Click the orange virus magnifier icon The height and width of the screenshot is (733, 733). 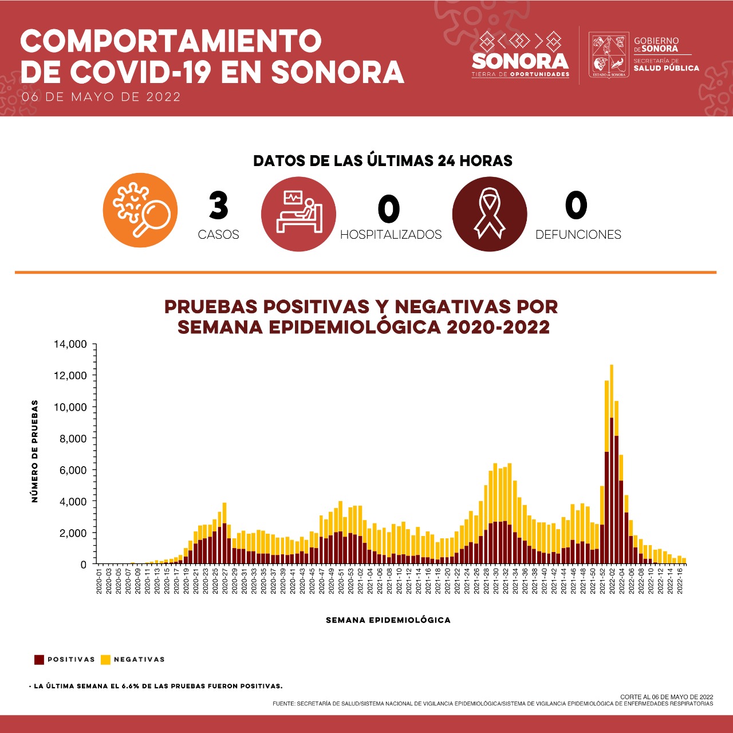[140, 211]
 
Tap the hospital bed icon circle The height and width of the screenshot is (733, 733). [298, 214]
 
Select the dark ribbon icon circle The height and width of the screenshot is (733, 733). [490, 214]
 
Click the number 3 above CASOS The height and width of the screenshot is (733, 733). [218, 206]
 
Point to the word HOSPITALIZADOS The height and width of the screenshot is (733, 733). [391, 235]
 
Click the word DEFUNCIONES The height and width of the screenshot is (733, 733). [578, 235]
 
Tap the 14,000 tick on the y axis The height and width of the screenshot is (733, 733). [70, 344]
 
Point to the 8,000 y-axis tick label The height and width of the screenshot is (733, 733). [73, 439]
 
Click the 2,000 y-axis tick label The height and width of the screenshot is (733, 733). [73, 533]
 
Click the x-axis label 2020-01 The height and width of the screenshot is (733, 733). [100, 581]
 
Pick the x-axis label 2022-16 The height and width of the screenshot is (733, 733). [680, 581]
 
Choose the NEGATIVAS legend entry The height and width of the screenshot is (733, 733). [133, 660]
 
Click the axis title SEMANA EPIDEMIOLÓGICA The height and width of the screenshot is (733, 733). [388, 620]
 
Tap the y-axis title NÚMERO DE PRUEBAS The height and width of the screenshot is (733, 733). [35, 451]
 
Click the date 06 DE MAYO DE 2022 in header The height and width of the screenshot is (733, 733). [101, 97]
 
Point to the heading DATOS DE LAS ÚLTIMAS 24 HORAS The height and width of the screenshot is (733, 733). [383, 161]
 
